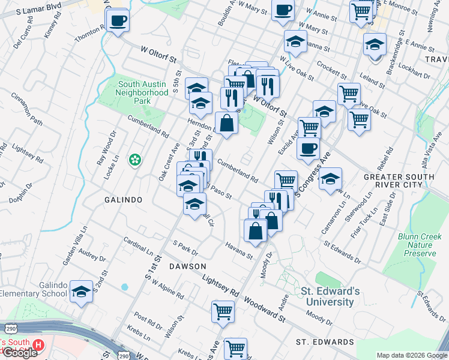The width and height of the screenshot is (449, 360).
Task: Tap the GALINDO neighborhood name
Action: (x=123, y=199)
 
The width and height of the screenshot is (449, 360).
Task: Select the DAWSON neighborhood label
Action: (x=187, y=266)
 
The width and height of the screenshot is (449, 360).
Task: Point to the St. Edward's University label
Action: (x=331, y=296)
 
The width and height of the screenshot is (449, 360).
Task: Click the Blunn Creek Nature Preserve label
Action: (x=417, y=245)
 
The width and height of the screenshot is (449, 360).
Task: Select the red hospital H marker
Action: (x=38, y=345)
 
